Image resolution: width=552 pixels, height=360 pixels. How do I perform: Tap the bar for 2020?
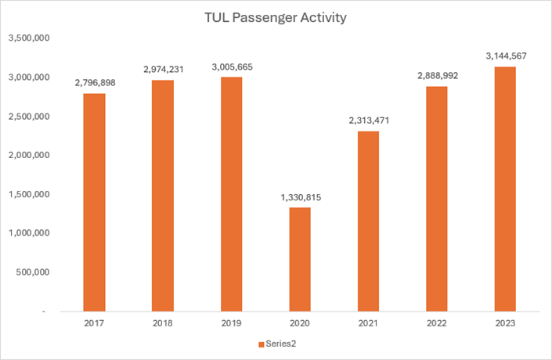pos(300,259)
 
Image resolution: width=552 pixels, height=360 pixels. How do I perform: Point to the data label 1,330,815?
pos(300,197)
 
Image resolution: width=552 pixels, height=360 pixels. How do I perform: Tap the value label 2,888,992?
pos(437,76)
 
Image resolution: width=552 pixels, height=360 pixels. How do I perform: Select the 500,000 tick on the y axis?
pos(32,272)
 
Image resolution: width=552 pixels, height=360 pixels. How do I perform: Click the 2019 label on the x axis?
pos(231,322)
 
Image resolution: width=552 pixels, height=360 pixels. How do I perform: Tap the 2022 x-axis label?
pos(437,322)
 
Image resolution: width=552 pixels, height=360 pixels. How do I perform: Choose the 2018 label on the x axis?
pos(163,322)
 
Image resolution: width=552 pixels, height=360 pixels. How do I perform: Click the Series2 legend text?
pos(280,344)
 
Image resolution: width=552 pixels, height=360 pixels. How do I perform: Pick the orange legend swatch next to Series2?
pos(260,344)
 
